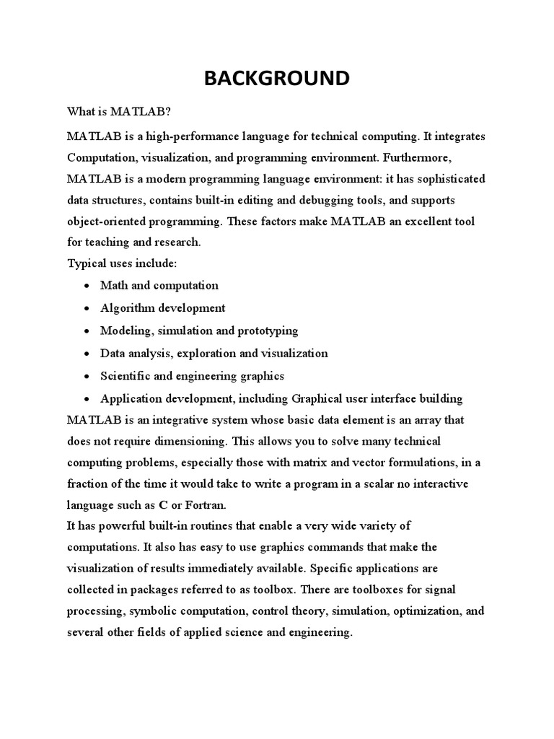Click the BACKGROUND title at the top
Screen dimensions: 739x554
pyautogui.click(x=276, y=78)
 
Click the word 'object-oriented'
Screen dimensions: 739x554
pyautogui.click(x=107, y=222)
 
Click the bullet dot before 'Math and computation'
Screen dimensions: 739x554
pyautogui.click(x=87, y=286)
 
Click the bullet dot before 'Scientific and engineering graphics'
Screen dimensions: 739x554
pyautogui.click(x=87, y=377)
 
